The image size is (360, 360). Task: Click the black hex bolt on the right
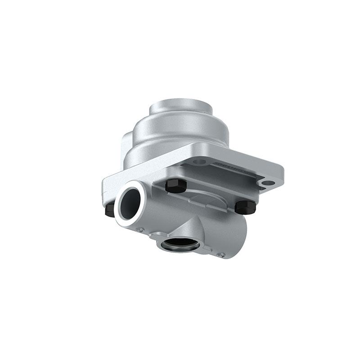[x=246, y=207]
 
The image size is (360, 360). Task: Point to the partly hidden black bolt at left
[x=109, y=209]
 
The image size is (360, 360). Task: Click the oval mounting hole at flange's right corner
[x=268, y=182]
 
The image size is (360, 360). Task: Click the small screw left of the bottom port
[x=141, y=230]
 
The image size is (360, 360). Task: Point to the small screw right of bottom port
[x=221, y=255]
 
